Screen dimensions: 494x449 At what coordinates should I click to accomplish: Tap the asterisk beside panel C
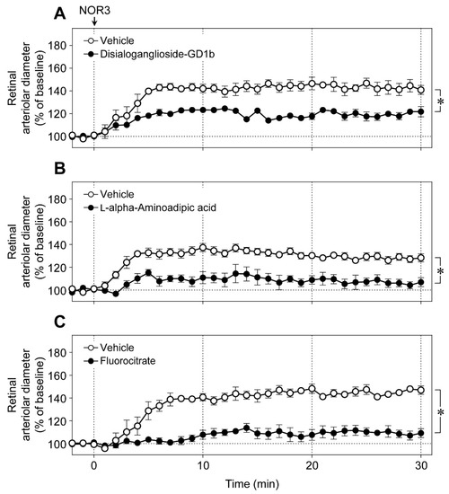[442, 413]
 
